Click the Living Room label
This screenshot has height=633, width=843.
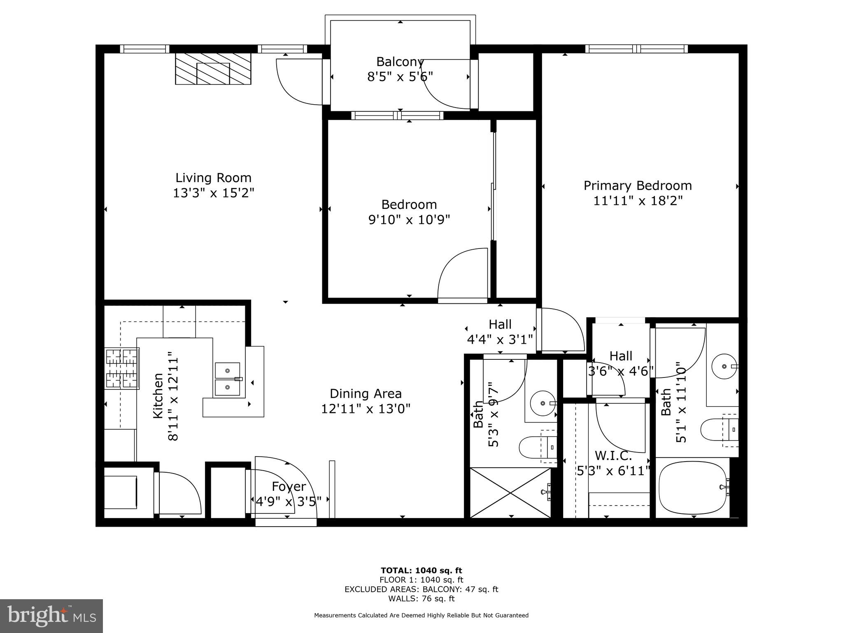click(x=213, y=178)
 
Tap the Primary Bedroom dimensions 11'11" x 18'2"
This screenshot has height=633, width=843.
click(x=638, y=201)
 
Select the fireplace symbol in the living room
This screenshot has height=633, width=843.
click(x=213, y=69)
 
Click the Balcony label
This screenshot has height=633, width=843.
click(x=400, y=62)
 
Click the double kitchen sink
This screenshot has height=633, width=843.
click(x=227, y=379)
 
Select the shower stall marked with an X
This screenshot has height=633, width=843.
click(x=510, y=492)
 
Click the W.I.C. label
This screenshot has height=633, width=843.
click(x=613, y=456)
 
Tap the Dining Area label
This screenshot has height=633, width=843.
click(x=366, y=394)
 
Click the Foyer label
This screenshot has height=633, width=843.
click(x=289, y=487)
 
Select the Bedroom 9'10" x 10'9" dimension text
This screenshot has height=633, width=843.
click(x=409, y=220)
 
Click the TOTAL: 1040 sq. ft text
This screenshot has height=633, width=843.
click(x=421, y=570)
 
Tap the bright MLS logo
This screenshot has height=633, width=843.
click(x=51, y=616)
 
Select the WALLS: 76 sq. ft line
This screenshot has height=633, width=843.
click(x=421, y=598)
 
